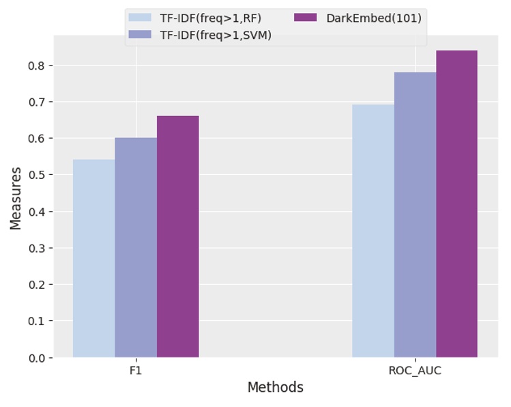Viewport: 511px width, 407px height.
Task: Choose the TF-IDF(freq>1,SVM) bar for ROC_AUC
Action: click(415, 214)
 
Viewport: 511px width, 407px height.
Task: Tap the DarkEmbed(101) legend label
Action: click(373, 18)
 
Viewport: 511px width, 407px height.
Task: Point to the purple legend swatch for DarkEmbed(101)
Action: click(306, 18)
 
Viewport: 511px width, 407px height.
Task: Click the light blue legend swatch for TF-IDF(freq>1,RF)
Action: click(140, 18)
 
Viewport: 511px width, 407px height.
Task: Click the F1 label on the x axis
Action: click(136, 371)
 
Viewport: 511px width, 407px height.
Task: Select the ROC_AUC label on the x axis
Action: click(415, 371)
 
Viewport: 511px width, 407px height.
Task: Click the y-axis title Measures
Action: click(16, 198)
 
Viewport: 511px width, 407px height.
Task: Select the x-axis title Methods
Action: click(275, 388)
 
